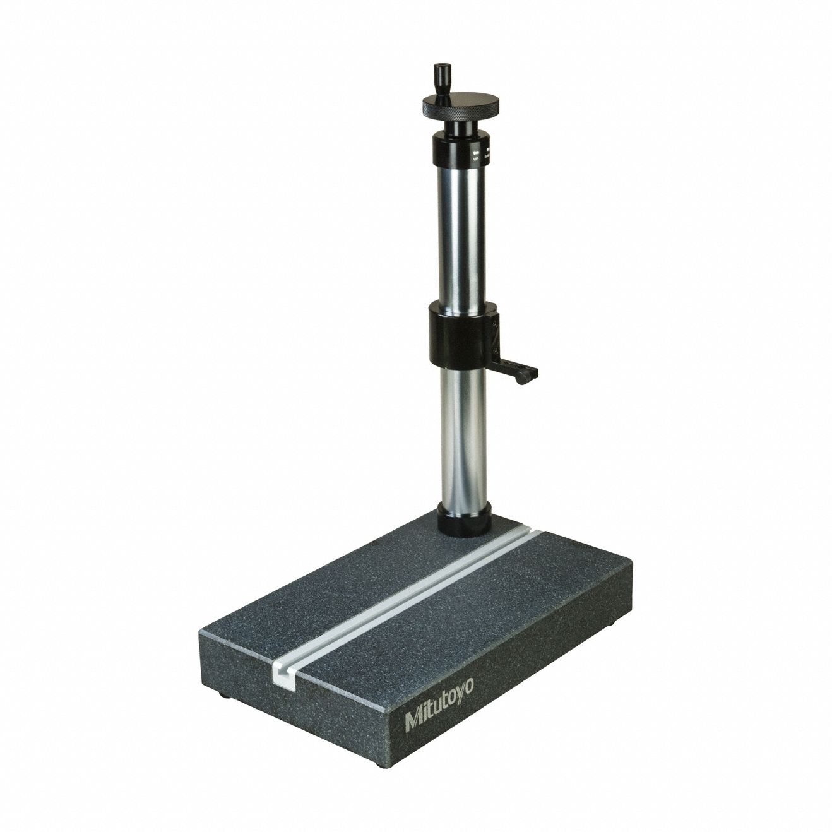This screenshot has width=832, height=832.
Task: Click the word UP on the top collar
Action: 474,161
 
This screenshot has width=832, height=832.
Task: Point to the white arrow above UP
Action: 474,153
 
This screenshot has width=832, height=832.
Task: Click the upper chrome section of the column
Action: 460,240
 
